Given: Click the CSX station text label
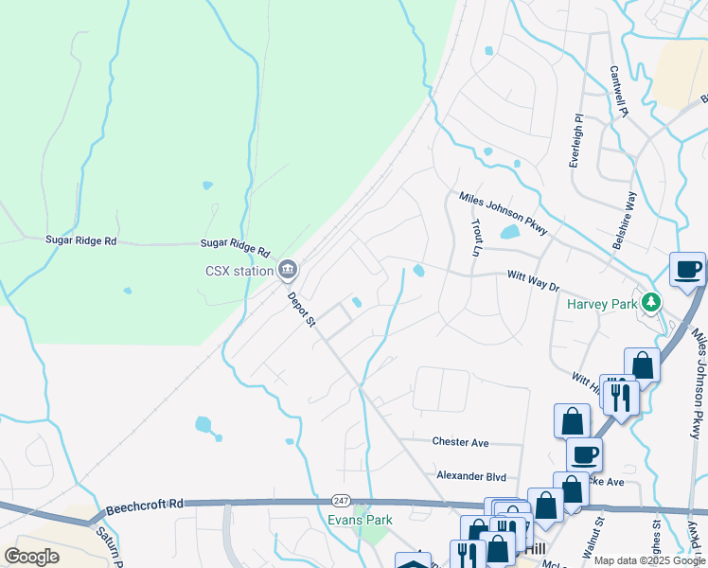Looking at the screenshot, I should [x=239, y=271].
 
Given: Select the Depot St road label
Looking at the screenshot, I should [x=302, y=310].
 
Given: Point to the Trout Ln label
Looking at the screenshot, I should [x=476, y=239].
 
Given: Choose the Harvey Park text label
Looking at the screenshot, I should [x=602, y=304].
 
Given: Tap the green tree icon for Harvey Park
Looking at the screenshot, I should [x=650, y=303].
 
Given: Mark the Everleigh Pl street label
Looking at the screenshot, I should [x=575, y=142].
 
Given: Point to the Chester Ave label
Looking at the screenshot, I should [x=460, y=441].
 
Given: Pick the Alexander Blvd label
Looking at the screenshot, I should [x=470, y=476].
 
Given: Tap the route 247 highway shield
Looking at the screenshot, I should [x=340, y=500].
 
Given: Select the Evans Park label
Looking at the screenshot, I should [x=360, y=520].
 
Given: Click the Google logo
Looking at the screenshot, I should [x=31, y=557].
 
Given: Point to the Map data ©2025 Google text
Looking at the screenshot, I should [x=649, y=560].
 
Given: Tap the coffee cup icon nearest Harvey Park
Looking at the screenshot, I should [x=686, y=270].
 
